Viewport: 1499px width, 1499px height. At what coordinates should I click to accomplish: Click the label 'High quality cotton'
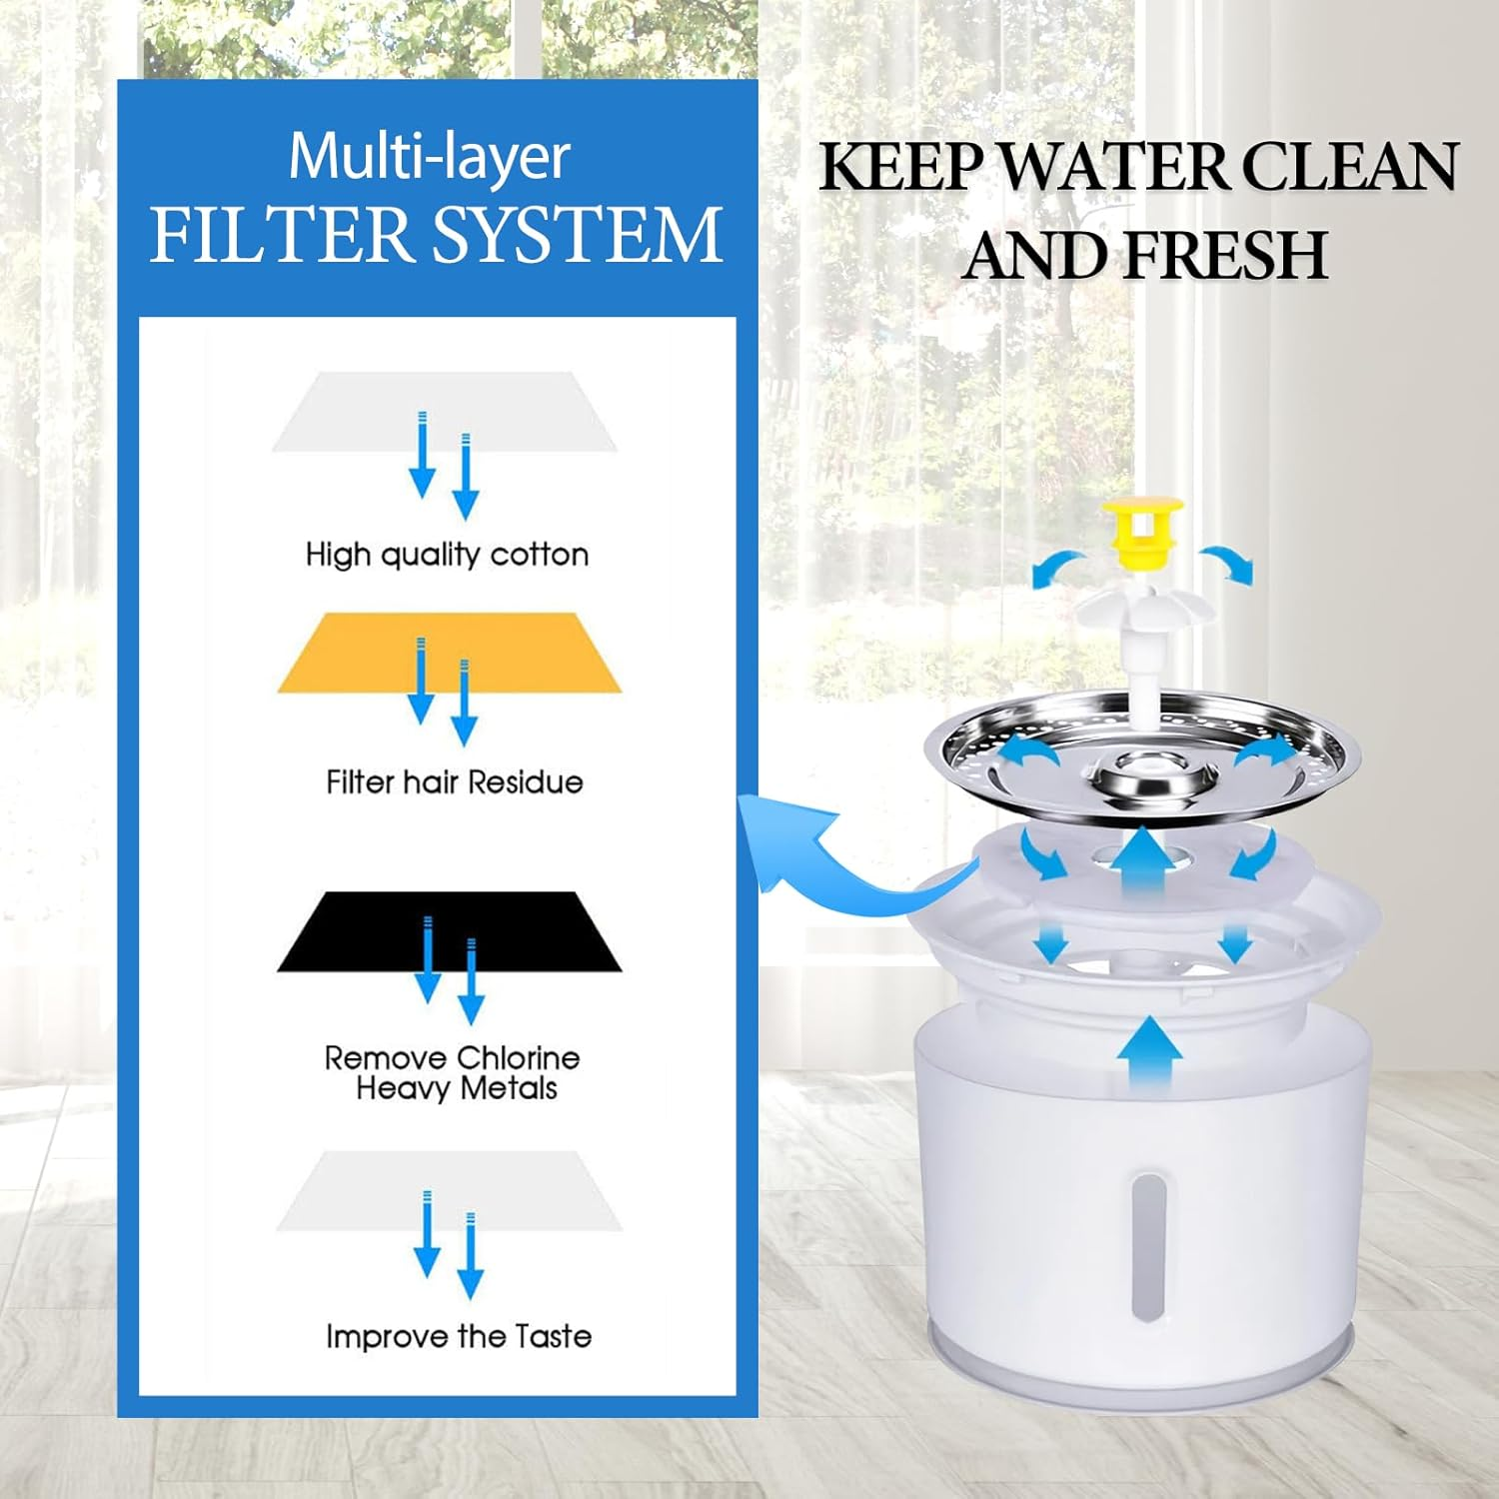click(447, 555)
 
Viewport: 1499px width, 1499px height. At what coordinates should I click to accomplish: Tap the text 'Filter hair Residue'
click(454, 781)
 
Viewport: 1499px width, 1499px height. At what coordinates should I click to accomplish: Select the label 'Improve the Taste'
click(458, 1336)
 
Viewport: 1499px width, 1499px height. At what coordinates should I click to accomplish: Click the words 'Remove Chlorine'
click(452, 1057)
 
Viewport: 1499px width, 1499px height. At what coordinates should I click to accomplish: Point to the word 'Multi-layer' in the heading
click(429, 157)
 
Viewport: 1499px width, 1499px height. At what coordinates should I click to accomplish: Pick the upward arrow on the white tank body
click(1149, 1054)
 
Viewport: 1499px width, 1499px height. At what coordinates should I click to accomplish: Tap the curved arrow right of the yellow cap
click(1226, 565)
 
